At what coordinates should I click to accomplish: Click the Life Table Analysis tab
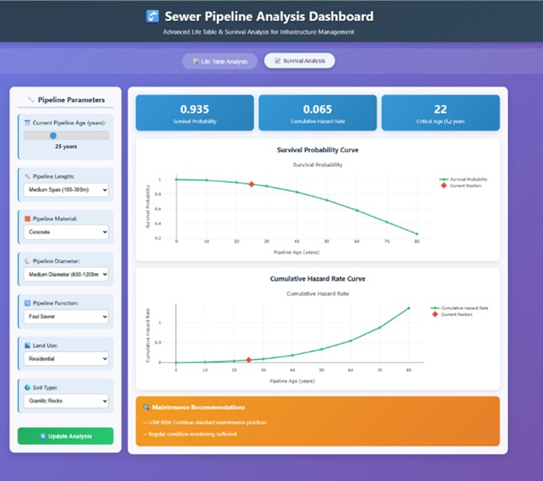pyautogui.click(x=220, y=61)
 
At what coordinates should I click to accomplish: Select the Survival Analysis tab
pyautogui.click(x=300, y=61)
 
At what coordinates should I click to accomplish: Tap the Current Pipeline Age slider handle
pyautogui.click(x=54, y=135)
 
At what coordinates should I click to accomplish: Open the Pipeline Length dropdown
pyautogui.click(x=66, y=191)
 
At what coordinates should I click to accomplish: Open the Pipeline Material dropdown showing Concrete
pyautogui.click(x=66, y=232)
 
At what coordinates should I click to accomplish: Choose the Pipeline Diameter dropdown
pyautogui.click(x=66, y=274)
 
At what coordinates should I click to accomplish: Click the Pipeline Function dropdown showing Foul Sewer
pyautogui.click(x=66, y=317)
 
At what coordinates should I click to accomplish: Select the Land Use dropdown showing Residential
pyautogui.click(x=66, y=359)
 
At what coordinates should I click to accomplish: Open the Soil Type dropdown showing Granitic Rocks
pyautogui.click(x=66, y=400)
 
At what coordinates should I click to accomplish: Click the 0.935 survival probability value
pyautogui.click(x=195, y=108)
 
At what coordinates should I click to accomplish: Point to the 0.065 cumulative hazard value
pyautogui.click(x=317, y=108)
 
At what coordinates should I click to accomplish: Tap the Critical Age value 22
pyautogui.click(x=440, y=108)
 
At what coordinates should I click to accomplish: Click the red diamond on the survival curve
pyautogui.click(x=251, y=184)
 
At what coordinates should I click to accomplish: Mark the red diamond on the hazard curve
pyautogui.click(x=249, y=360)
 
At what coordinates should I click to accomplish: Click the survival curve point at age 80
pyautogui.click(x=416, y=234)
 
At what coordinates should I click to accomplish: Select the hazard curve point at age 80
pyautogui.click(x=408, y=309)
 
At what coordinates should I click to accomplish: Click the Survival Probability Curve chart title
pyautogui.click(x=317, y=150)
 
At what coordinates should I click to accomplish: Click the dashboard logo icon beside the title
pyautogui.click(x=153, y=16)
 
